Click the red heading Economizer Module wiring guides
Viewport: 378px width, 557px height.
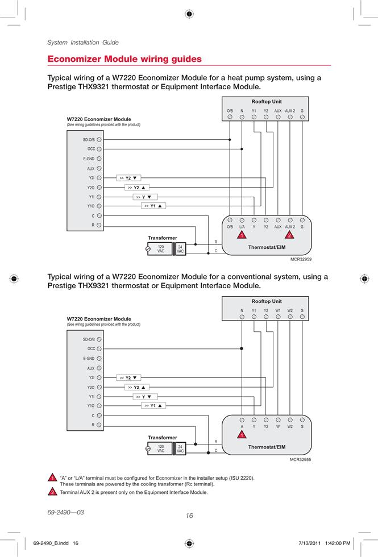pos(124,59)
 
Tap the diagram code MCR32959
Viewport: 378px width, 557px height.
pos(301,259)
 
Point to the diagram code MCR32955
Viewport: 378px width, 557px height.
pos(300,459)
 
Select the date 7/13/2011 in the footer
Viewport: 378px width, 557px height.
pos(310,543)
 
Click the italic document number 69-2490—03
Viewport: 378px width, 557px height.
pos(66,512)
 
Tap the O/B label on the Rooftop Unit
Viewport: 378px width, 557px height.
pos(230,111)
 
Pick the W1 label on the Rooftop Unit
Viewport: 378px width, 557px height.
pos(278,310)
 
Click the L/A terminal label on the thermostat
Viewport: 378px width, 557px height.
pos(242,227)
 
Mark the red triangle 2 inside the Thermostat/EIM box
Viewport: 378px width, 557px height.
pos(289,235)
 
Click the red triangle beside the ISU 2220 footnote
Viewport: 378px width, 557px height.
pos(52,477)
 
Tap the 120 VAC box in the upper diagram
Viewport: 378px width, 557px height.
pos(160,249)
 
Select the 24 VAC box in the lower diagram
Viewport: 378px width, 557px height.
pos(181,448)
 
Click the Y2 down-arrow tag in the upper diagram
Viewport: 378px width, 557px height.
pos(128,178)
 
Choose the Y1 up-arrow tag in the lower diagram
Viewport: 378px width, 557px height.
pos(153,406)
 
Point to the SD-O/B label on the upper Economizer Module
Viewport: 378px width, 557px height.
pos(89,140)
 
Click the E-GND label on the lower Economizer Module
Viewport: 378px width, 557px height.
pos(89,359)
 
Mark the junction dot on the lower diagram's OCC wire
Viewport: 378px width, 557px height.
pos(242,348)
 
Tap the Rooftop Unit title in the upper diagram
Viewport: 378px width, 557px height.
pos(267,102)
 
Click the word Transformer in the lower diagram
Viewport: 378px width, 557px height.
pos(163,438)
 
